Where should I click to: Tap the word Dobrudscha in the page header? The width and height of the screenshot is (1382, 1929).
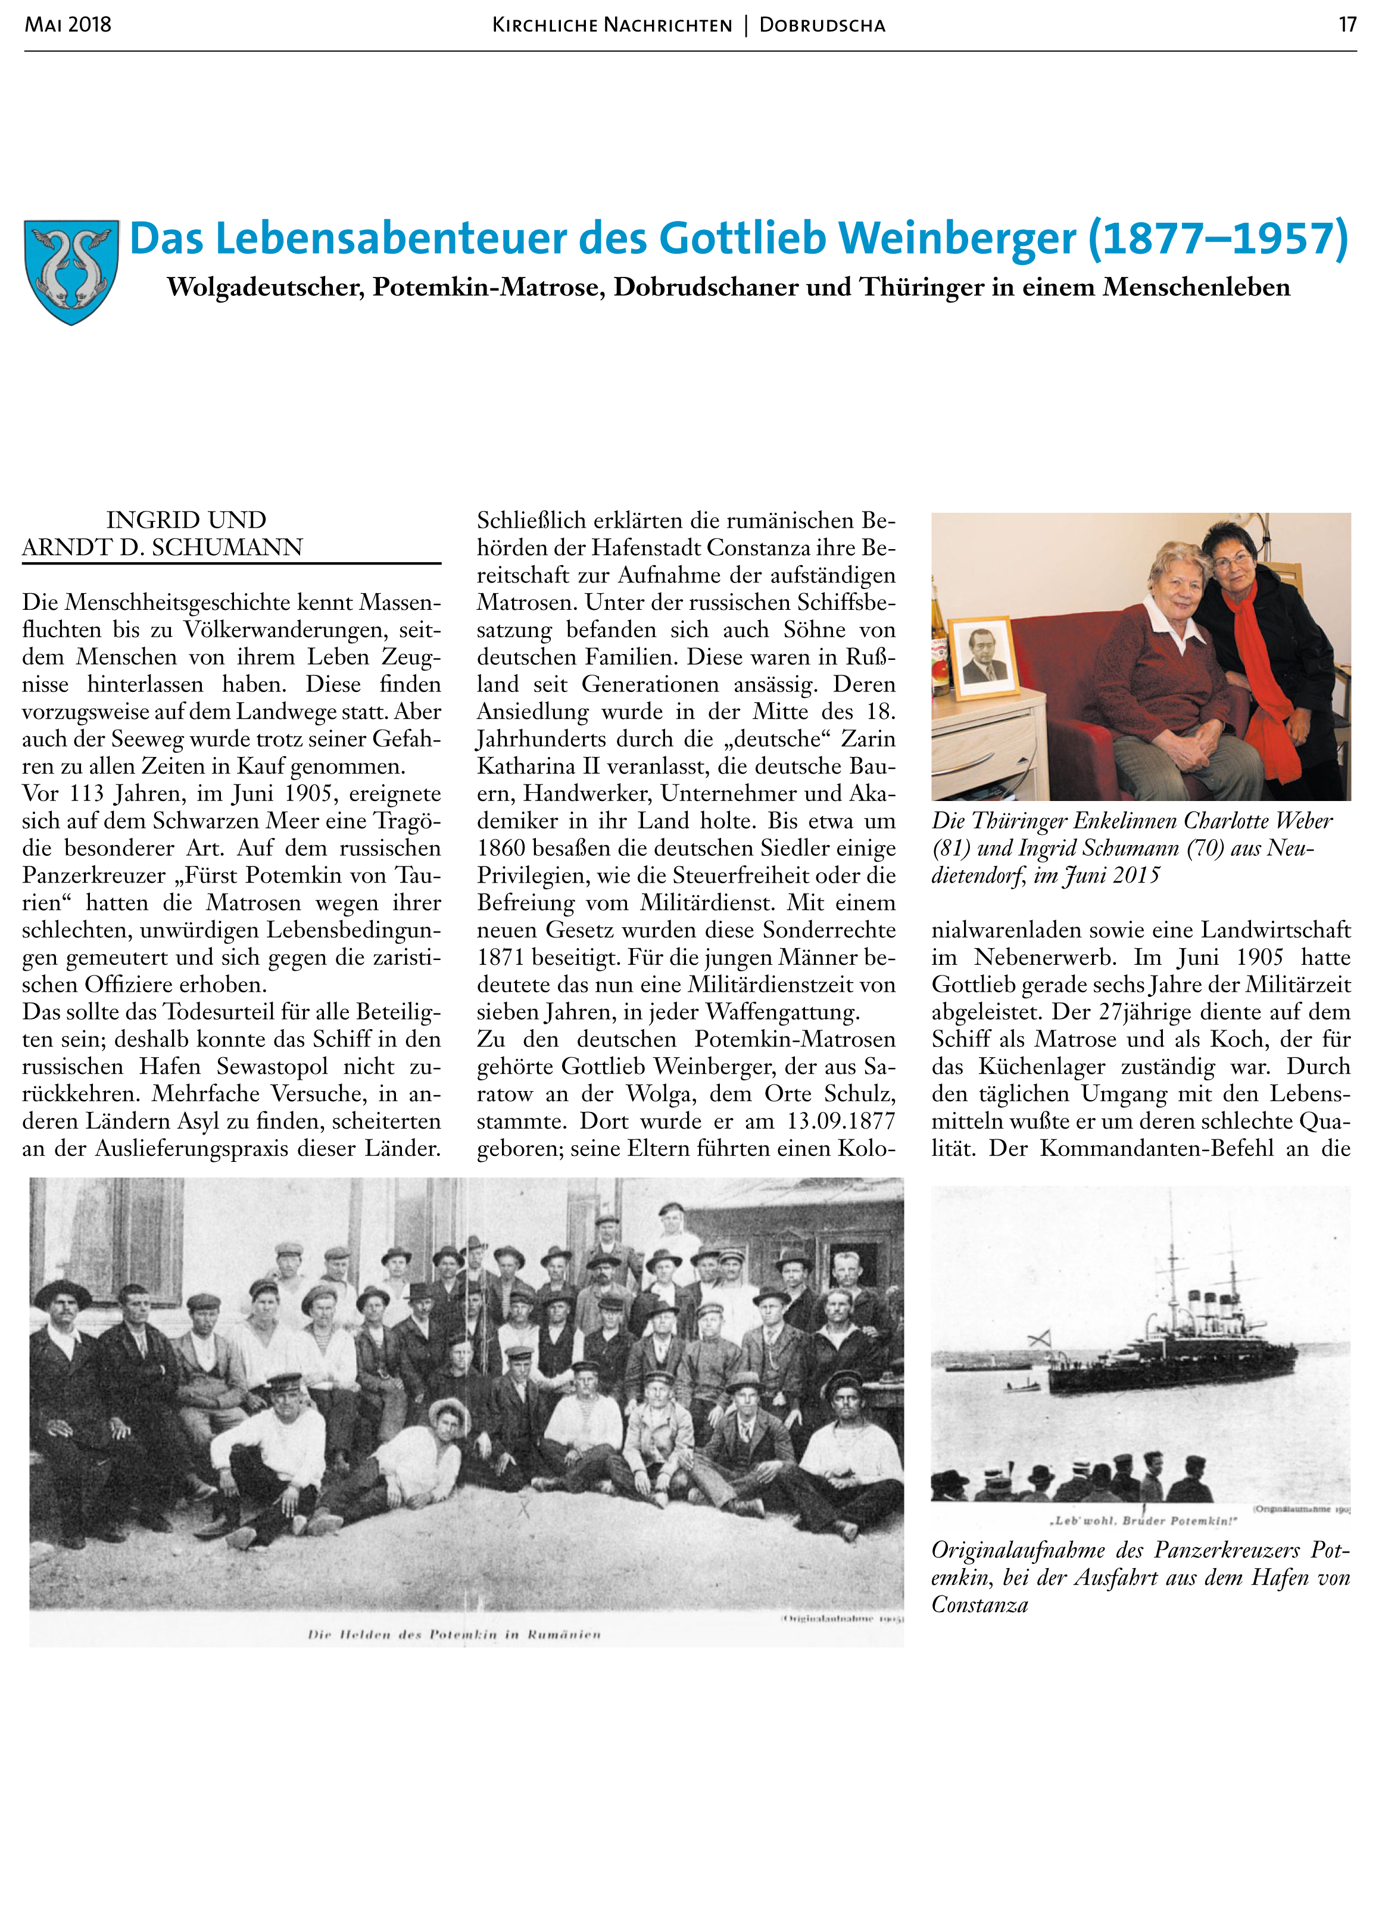point(822,26)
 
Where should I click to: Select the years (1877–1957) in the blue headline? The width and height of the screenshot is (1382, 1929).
point(1218,238)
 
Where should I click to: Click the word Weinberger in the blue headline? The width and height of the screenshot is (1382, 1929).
point(953,238)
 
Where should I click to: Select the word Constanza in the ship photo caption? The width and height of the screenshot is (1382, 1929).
point(979,1605)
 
